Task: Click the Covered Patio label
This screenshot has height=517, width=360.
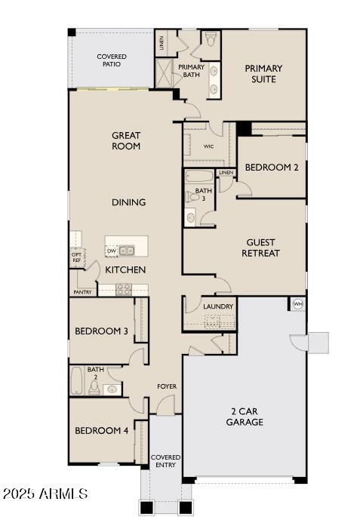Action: [111, 61]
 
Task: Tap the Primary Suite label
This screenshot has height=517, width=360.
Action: [264, 73]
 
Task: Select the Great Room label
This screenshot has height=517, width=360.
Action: [126, 141]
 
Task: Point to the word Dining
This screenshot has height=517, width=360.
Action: [128, 202]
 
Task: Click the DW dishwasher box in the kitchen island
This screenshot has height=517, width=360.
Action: [112, 251]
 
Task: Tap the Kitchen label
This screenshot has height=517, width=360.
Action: [125, 269]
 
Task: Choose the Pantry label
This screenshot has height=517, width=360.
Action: [82, 292]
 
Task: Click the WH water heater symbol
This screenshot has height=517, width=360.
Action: [297, 304]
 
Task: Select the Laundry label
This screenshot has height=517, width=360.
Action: [218, 306]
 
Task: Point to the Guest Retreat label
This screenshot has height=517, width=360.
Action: [260, 248]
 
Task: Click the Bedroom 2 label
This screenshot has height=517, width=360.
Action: [272, 168]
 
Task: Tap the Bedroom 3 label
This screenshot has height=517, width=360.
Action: [101, 331]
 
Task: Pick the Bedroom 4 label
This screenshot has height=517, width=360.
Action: [101, 431]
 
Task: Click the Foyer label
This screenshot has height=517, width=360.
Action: [167, 386]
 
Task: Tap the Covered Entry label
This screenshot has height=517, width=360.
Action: [165, 461]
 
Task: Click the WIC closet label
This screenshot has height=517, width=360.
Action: [208, 146]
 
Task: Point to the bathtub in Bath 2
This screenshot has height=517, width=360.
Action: [76, 381]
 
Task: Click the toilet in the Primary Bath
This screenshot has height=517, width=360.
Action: [211, 38]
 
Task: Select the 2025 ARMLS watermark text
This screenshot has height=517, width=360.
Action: [45, 494]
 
